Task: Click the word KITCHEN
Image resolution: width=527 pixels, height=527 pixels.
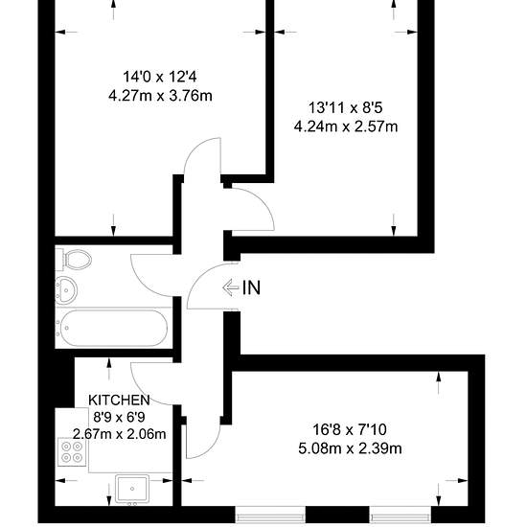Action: (x=119, y=400)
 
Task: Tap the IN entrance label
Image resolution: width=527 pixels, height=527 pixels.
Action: (x=251, y=287)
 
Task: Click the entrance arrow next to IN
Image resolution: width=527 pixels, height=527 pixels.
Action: (x=231, y=287)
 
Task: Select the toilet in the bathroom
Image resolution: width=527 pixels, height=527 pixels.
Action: (x=74, y=260)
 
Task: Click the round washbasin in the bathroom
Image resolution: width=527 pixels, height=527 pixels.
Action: (x=66, y=290)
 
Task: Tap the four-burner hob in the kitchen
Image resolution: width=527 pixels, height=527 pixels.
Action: (x=72, y=452)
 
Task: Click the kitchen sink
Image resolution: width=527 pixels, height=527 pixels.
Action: (x=132, y=489)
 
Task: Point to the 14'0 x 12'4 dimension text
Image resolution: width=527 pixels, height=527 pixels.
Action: (x=160, y=77)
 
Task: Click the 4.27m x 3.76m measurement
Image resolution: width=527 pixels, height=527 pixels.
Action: (x=160, y=96)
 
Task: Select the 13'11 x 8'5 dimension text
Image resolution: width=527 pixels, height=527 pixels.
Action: (x=346, y=108)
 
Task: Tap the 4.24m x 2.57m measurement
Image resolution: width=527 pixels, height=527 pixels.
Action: (x=346, y=126)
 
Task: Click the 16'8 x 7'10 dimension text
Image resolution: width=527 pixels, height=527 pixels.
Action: (x=350, y=429)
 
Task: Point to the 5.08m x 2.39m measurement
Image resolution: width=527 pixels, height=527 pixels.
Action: (x=350, y=448)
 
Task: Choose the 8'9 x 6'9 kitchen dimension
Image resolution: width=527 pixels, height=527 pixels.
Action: (x=119, y=417)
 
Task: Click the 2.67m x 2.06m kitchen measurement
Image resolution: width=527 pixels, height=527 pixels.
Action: (x=120, y=434)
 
